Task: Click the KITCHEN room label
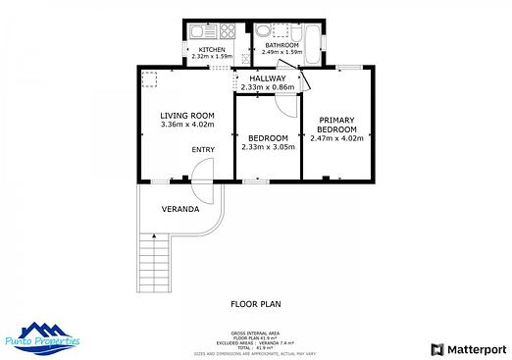(x=212, y=49)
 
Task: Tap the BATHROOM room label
(x=282, y=44)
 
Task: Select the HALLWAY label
(x=268, y=78)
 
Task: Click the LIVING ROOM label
(x=186, y=117)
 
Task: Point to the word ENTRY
(x=203, y=149)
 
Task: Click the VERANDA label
(x=180, y=209)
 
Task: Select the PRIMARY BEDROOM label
(x=336, y=125)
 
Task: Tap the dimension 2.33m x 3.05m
(x=268, y=147)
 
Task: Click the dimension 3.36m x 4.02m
(x=186, y=126)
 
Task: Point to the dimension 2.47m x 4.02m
(x=336, y=138)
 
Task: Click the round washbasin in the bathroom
(x=264, y=30)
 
